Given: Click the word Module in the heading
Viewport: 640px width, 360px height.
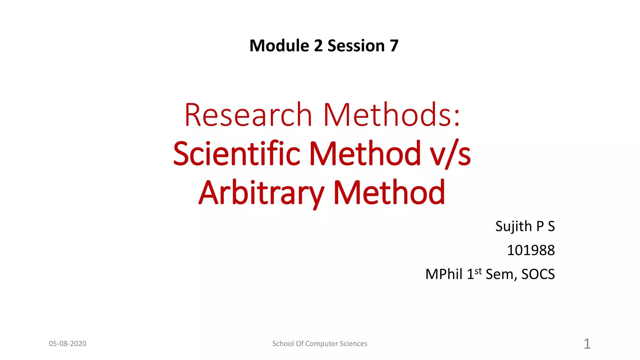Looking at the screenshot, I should (279, 46).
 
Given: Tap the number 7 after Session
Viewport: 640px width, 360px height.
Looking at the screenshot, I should (394, 46).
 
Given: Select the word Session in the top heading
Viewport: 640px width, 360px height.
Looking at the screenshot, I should (356, 46).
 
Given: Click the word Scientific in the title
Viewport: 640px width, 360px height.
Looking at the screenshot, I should (237, 154).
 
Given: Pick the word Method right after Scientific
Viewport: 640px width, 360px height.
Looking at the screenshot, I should (365, 154).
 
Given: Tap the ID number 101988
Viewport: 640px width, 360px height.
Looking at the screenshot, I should (531, 250).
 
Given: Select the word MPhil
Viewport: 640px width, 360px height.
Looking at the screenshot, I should (444, 274).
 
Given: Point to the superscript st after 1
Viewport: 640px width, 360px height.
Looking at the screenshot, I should (478, 271).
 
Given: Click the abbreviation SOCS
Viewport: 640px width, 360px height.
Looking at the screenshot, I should (538, 274).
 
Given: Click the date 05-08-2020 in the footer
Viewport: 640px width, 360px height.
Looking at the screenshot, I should (67, 344).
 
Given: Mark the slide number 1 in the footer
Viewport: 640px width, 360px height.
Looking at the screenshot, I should (587, 344).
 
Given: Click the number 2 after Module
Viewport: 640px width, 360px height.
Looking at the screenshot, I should (318, 46).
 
